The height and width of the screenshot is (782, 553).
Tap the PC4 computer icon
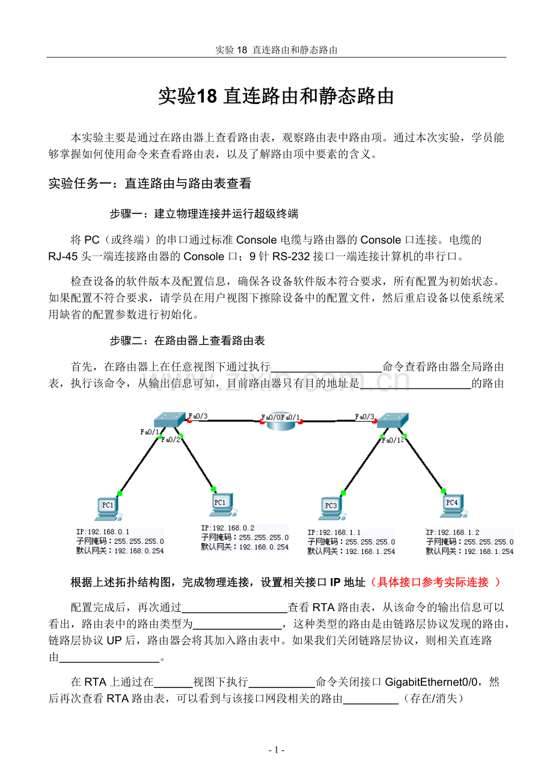tap(451, 505)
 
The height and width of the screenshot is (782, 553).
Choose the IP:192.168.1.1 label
tap(334, 532)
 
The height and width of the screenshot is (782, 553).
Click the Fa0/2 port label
tap(171, 440)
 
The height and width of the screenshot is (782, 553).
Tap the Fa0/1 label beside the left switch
tap(150, 431)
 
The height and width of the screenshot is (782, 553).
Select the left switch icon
tap(169, 419)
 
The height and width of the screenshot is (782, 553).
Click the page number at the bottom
tap(276, 750)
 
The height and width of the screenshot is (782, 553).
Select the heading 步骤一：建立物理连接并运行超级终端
tap(204, 214)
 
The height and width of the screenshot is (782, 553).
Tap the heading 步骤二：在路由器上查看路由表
tap(187, 340)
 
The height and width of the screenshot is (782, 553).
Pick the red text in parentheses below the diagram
tap(435, 582)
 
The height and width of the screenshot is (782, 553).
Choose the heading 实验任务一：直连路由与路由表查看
tap(150, 183)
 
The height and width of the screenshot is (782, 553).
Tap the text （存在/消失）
tap(432, 699)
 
